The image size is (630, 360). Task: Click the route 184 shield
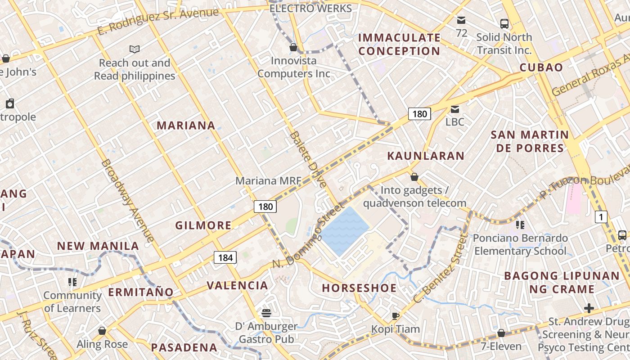[x=225, y=257]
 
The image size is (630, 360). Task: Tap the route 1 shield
[x=601, y=217]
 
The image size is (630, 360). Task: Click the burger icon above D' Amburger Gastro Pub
[x=266, y=313]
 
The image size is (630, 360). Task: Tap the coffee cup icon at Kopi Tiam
[x=395, y=316]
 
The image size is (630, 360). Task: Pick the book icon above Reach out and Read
[x=134, y=49]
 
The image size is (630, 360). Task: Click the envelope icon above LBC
[x=455, y=109]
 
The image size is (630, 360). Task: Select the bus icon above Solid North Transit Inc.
[x=504, y=24]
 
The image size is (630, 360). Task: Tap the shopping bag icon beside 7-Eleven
[x=501, y=333]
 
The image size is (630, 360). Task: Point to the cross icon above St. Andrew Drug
[x=589, y=308]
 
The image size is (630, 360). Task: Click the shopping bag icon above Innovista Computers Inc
[x=293, y=47]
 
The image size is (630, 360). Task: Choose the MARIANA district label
[x=186, y=126]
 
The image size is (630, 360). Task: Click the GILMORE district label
[x=203, y=225]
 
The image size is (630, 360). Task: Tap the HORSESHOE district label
[x=359, y=288]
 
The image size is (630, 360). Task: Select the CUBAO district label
[x=541, y=67]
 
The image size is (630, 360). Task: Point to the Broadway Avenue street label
[x=128, y=200]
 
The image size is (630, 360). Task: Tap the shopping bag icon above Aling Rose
[x=102, y=331]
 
